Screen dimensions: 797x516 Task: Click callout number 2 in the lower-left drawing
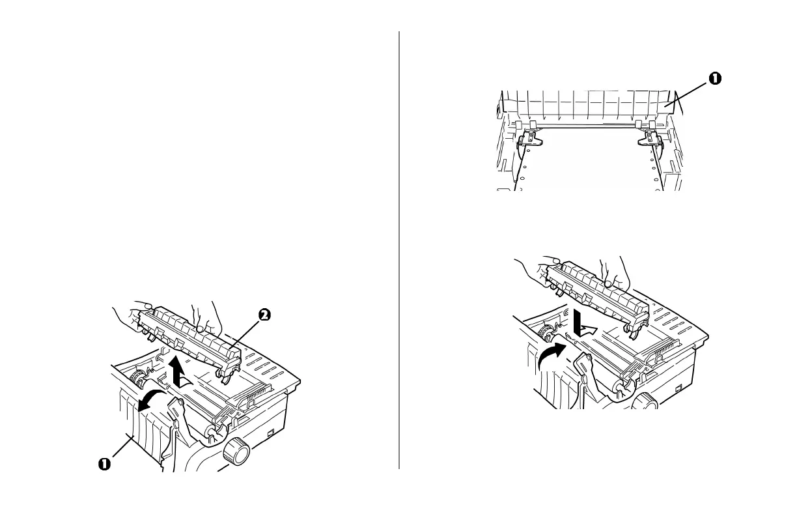click(264, 315)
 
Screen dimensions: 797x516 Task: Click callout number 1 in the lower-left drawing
click(104, 464)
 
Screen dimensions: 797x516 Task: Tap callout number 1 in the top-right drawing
click(714, 78)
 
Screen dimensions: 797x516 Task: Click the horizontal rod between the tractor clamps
click(589, 128)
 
